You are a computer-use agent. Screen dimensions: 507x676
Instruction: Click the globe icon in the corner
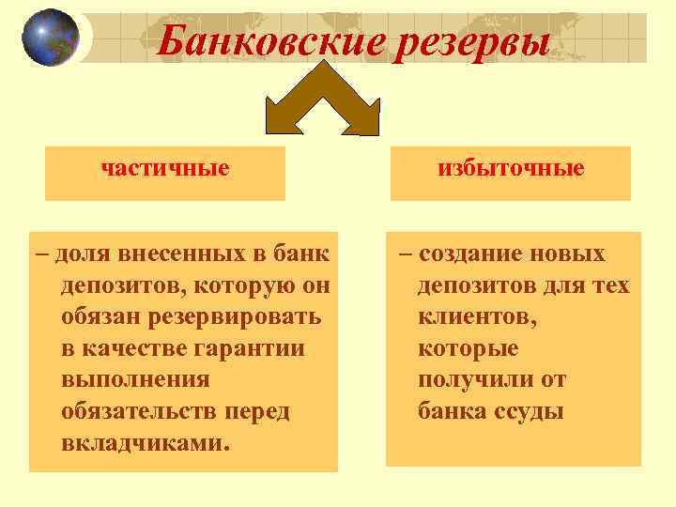(x=51, y=38)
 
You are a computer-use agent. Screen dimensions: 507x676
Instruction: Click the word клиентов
(x=477, y=317)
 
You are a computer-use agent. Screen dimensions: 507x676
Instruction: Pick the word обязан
(x=100, y=316)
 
